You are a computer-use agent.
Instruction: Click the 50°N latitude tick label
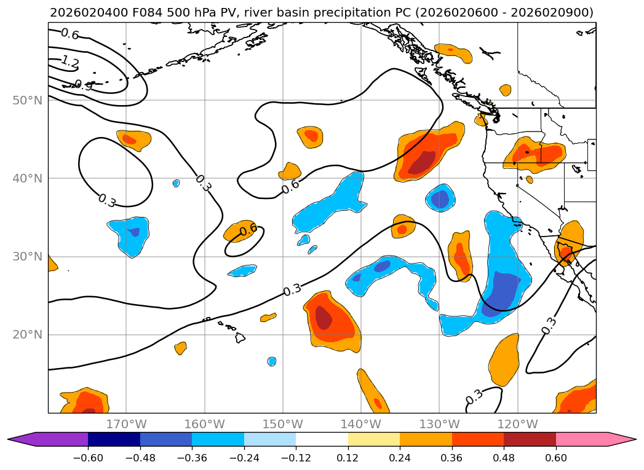(x=28, y=101)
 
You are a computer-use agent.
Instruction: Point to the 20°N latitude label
(x=28, y=335)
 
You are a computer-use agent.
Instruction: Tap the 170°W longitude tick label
(x=127, y=424)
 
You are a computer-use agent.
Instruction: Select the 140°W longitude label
(x=361, y=424)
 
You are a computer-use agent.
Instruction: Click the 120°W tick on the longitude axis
(x=517, y=424)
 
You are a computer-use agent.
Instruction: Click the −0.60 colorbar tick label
(x=88, y=458)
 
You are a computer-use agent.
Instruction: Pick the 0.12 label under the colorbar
(x=348, y=458)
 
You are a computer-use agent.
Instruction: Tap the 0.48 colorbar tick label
(x=504, y=458)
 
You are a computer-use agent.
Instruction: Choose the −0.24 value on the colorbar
(x=244, y=458)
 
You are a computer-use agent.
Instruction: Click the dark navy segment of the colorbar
(x=114, y=439)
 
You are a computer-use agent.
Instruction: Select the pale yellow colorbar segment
(x=374, y=439)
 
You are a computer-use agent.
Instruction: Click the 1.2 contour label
(x=70, y=62)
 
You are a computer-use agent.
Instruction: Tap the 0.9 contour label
(x=84, y=85)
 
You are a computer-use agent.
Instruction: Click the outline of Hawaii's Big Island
(x=241, y=337)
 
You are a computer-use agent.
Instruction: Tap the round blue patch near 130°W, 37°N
(x=440, y=198)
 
